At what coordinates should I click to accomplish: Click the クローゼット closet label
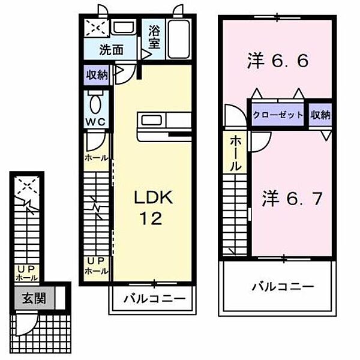point(278,115)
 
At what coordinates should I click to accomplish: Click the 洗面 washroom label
point(111,50)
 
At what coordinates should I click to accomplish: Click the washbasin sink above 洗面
point(123,28)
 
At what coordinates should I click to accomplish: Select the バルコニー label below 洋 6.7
point(281,287)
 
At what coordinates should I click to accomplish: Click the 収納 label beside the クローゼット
point(321,115)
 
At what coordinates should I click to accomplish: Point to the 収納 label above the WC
point(96,75)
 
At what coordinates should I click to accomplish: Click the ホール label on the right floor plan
point(236,153)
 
